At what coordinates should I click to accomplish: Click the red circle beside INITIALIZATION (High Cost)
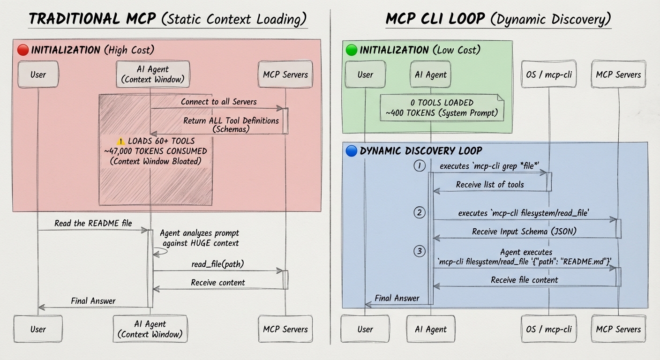click(23, 50)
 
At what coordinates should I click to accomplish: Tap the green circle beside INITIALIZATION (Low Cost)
click(351, 50)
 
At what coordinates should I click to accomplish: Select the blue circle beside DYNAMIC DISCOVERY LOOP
click(351, 151)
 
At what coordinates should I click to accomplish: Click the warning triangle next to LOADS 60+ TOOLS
click(121, 141)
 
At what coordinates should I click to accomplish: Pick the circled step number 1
click(420, 165)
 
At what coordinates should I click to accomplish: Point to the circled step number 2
click(420, 213)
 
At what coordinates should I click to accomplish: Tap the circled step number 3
click(420, 251)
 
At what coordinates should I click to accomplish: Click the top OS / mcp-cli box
click(549, 75)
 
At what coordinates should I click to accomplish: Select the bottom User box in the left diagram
click(37, 329)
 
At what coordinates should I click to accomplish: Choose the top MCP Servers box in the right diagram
click(618, 75)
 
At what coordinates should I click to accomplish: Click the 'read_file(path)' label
click(217, 264)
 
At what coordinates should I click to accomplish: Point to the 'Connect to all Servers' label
click(218, 101)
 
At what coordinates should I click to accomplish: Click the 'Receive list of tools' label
click(490, 184)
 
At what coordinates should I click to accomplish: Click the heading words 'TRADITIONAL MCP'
click(92, 19)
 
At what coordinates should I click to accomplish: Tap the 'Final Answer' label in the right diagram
click(397, 298)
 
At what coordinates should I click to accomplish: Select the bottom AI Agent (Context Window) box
click(150, 329)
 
